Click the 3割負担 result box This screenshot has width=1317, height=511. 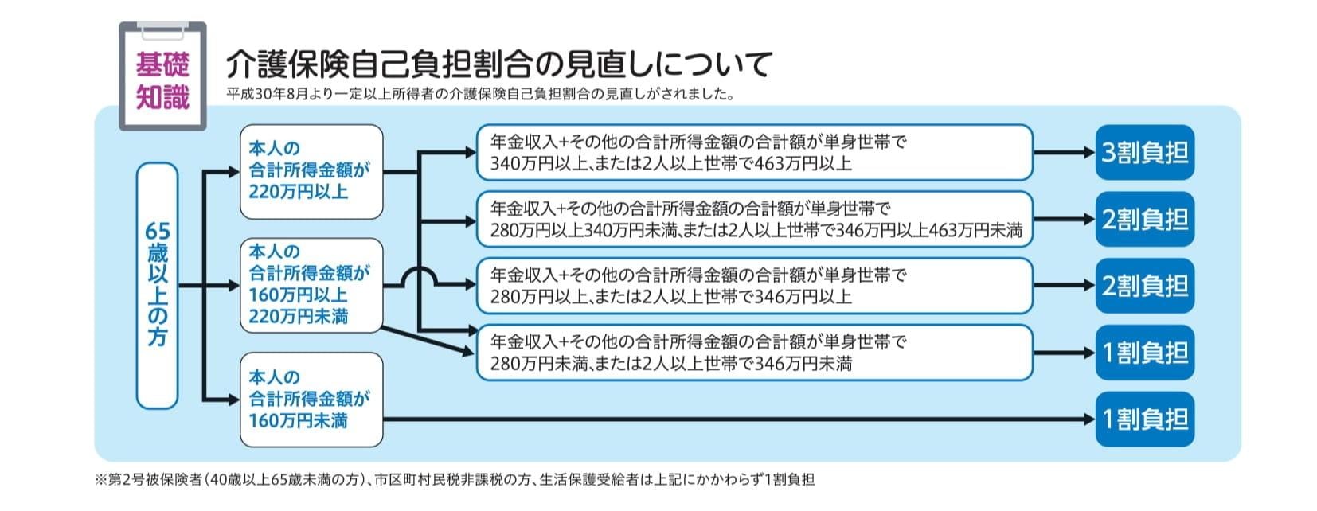point(1145,152)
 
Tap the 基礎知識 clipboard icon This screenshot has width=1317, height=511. point(163,76)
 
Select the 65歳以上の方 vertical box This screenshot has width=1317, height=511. point(157,286)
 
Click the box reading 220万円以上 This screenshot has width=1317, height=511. point(311,172)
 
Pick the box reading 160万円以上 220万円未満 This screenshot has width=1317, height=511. point(311,285)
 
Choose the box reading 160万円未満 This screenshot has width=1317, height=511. point(311,400)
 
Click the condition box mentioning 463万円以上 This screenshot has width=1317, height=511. point(754,152)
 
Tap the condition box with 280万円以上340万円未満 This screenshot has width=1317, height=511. point(754,219)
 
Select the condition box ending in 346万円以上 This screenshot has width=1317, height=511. point(754,286)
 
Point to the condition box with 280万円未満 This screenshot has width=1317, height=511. point(754,353)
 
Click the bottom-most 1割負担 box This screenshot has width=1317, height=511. point(1145,419)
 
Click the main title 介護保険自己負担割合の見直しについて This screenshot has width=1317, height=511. point(498,64)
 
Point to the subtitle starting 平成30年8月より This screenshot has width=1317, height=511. point(480,94)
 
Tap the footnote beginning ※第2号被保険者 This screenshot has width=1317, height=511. point(455,480)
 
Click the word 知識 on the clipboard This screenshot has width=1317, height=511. point(163,97)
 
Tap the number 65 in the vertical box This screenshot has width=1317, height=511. point(157,231)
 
